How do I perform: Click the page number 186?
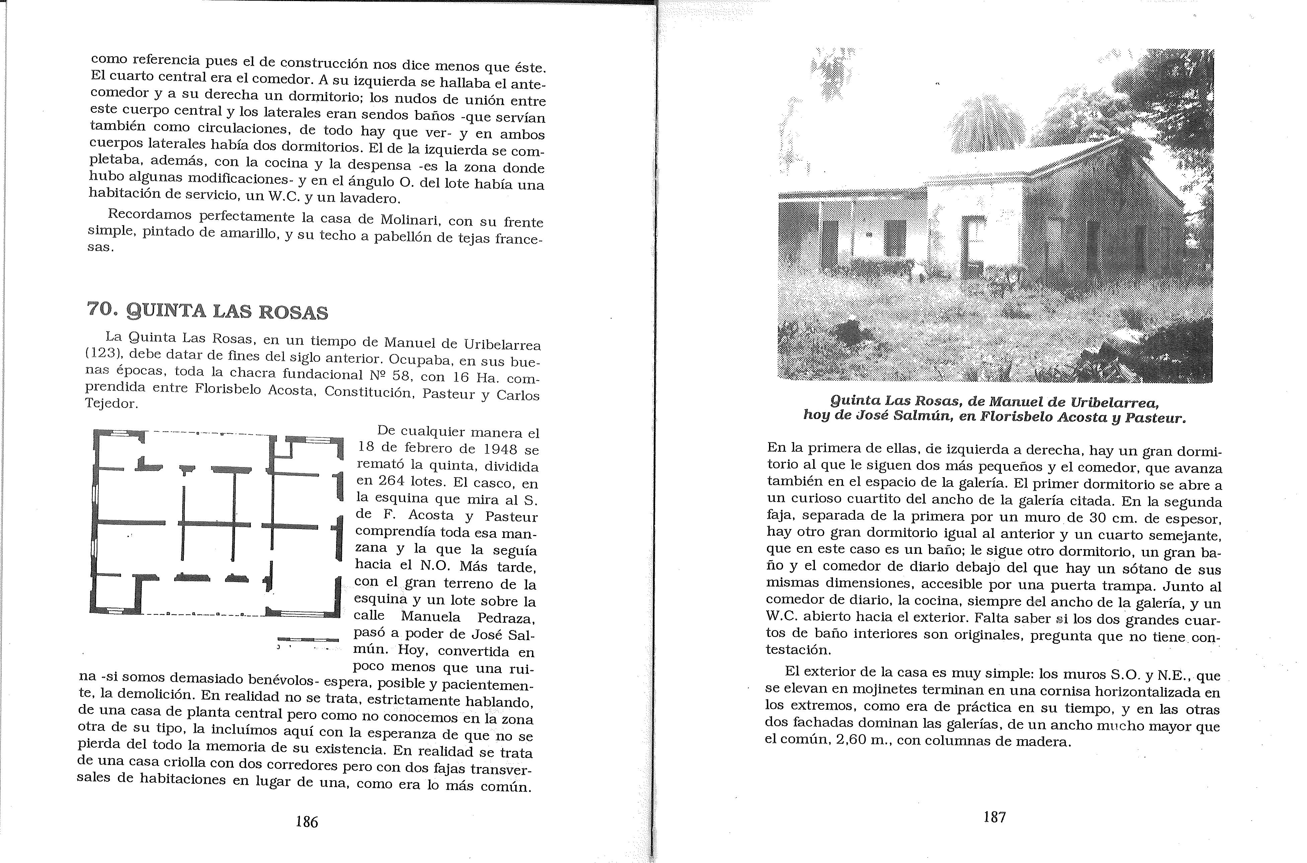307,822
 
